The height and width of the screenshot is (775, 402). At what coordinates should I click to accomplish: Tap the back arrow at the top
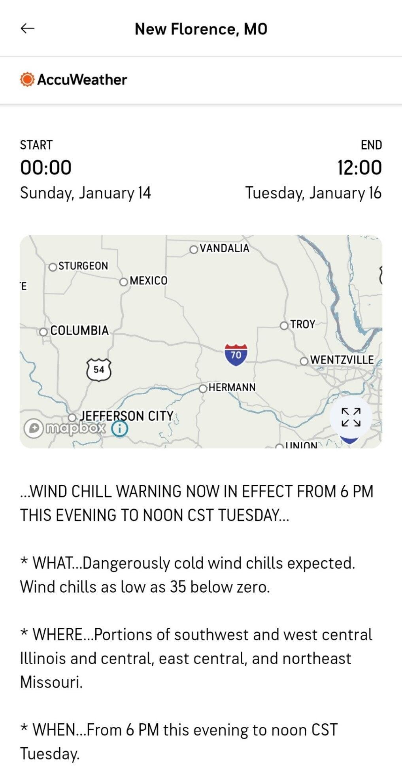27,28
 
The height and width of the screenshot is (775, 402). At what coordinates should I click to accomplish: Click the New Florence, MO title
201,29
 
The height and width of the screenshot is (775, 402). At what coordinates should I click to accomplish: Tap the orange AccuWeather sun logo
27,79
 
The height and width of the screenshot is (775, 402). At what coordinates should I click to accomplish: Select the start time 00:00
46,167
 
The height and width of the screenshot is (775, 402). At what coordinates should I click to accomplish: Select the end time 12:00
359,167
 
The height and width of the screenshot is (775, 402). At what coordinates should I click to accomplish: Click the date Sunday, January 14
85,193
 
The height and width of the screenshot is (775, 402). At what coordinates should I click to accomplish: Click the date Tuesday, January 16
313,193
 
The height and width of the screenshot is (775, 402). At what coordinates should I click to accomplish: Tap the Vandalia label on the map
224,248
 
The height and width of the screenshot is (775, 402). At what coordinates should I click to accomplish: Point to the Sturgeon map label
83,266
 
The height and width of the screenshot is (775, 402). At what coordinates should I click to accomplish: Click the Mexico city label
148,281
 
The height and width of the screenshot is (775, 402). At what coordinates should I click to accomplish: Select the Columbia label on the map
79,331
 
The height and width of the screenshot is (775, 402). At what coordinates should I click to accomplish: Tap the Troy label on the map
302,325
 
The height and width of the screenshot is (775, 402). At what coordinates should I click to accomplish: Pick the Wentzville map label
342,360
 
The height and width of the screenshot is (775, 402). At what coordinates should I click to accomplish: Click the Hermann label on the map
232,387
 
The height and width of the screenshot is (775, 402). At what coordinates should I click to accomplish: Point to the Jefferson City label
126,416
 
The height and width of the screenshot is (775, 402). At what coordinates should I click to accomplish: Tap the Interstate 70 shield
236,355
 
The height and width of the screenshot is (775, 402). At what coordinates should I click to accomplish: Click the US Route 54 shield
98,370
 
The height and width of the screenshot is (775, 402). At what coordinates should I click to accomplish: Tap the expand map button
351,418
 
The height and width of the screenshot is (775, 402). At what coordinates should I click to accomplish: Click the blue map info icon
120,428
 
